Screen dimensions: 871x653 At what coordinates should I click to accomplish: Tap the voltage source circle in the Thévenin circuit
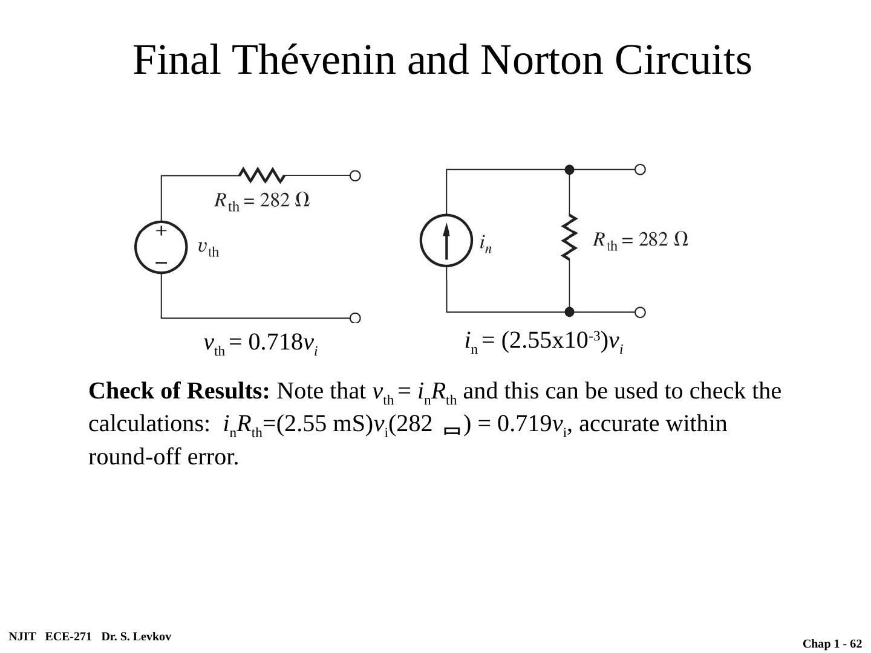(x=161, y=248)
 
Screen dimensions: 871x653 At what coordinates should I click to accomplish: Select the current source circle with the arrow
(x=446, y=241)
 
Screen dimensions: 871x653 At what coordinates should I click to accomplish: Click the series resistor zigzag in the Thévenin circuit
(x=262, y=175)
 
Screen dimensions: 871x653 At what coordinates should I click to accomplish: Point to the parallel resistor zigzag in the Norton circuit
(x=569, y=237)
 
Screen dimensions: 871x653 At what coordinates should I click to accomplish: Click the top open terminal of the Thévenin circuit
(x=355, y=176)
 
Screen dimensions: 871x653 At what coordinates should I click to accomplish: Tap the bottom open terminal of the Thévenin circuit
(x=355, y=318)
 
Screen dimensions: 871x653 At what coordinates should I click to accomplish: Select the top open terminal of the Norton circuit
(x=640, y=169)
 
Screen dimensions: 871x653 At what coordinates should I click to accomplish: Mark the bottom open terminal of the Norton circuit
(x=640, y=312)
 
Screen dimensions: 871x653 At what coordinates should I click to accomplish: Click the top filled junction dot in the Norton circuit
(x=569, y=170)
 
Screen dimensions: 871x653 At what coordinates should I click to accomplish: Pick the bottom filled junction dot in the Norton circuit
(x=569, y=312)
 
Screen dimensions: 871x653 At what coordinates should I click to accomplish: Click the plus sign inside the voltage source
(x=161, y=231)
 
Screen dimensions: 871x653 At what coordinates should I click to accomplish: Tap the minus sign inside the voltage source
(x=161, y=263)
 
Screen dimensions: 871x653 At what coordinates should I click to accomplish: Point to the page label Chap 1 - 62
(x=832, y=644)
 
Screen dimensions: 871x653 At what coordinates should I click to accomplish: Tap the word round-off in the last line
(x=135, y=458)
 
